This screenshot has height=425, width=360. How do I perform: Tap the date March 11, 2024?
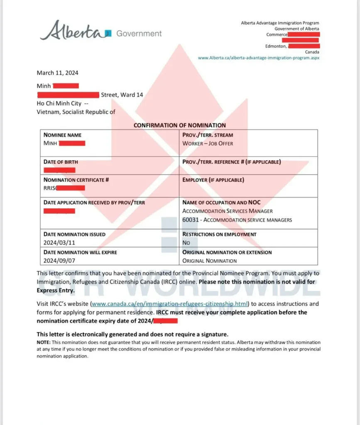[57, 73]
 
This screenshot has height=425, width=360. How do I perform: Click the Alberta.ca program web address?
[259, 58]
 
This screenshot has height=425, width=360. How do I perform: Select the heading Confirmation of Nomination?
[180, 125]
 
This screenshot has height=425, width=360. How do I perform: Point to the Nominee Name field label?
[63, 135]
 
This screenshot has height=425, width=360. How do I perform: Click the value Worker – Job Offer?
[208, 144]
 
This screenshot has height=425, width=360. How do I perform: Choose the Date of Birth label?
[61, 161]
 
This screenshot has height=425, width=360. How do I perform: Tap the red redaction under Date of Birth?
[59, 170]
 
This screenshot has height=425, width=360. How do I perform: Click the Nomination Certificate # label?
[76, 180]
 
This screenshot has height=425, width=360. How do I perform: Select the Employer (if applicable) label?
[213, 180]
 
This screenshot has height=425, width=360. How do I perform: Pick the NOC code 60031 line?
[237, 220]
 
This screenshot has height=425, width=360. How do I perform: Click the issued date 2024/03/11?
[59, 242]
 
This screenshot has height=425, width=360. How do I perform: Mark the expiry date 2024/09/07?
[59, 261]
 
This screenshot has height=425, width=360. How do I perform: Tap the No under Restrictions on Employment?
[186, 242]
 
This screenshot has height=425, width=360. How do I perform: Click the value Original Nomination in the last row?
[210, 261]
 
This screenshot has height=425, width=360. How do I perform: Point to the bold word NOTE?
[43, 342]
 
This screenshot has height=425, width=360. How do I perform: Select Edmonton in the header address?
[275, 46]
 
